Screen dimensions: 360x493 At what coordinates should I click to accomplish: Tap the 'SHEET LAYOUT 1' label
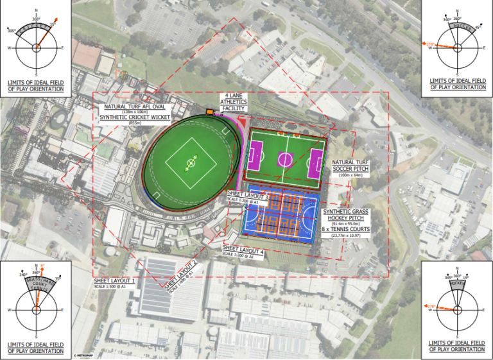point(114,281)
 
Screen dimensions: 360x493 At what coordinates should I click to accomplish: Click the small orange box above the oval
point(209,112)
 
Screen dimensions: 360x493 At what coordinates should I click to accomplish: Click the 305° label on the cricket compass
point(12,30)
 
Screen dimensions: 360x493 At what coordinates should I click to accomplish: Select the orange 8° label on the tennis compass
point(42,265)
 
